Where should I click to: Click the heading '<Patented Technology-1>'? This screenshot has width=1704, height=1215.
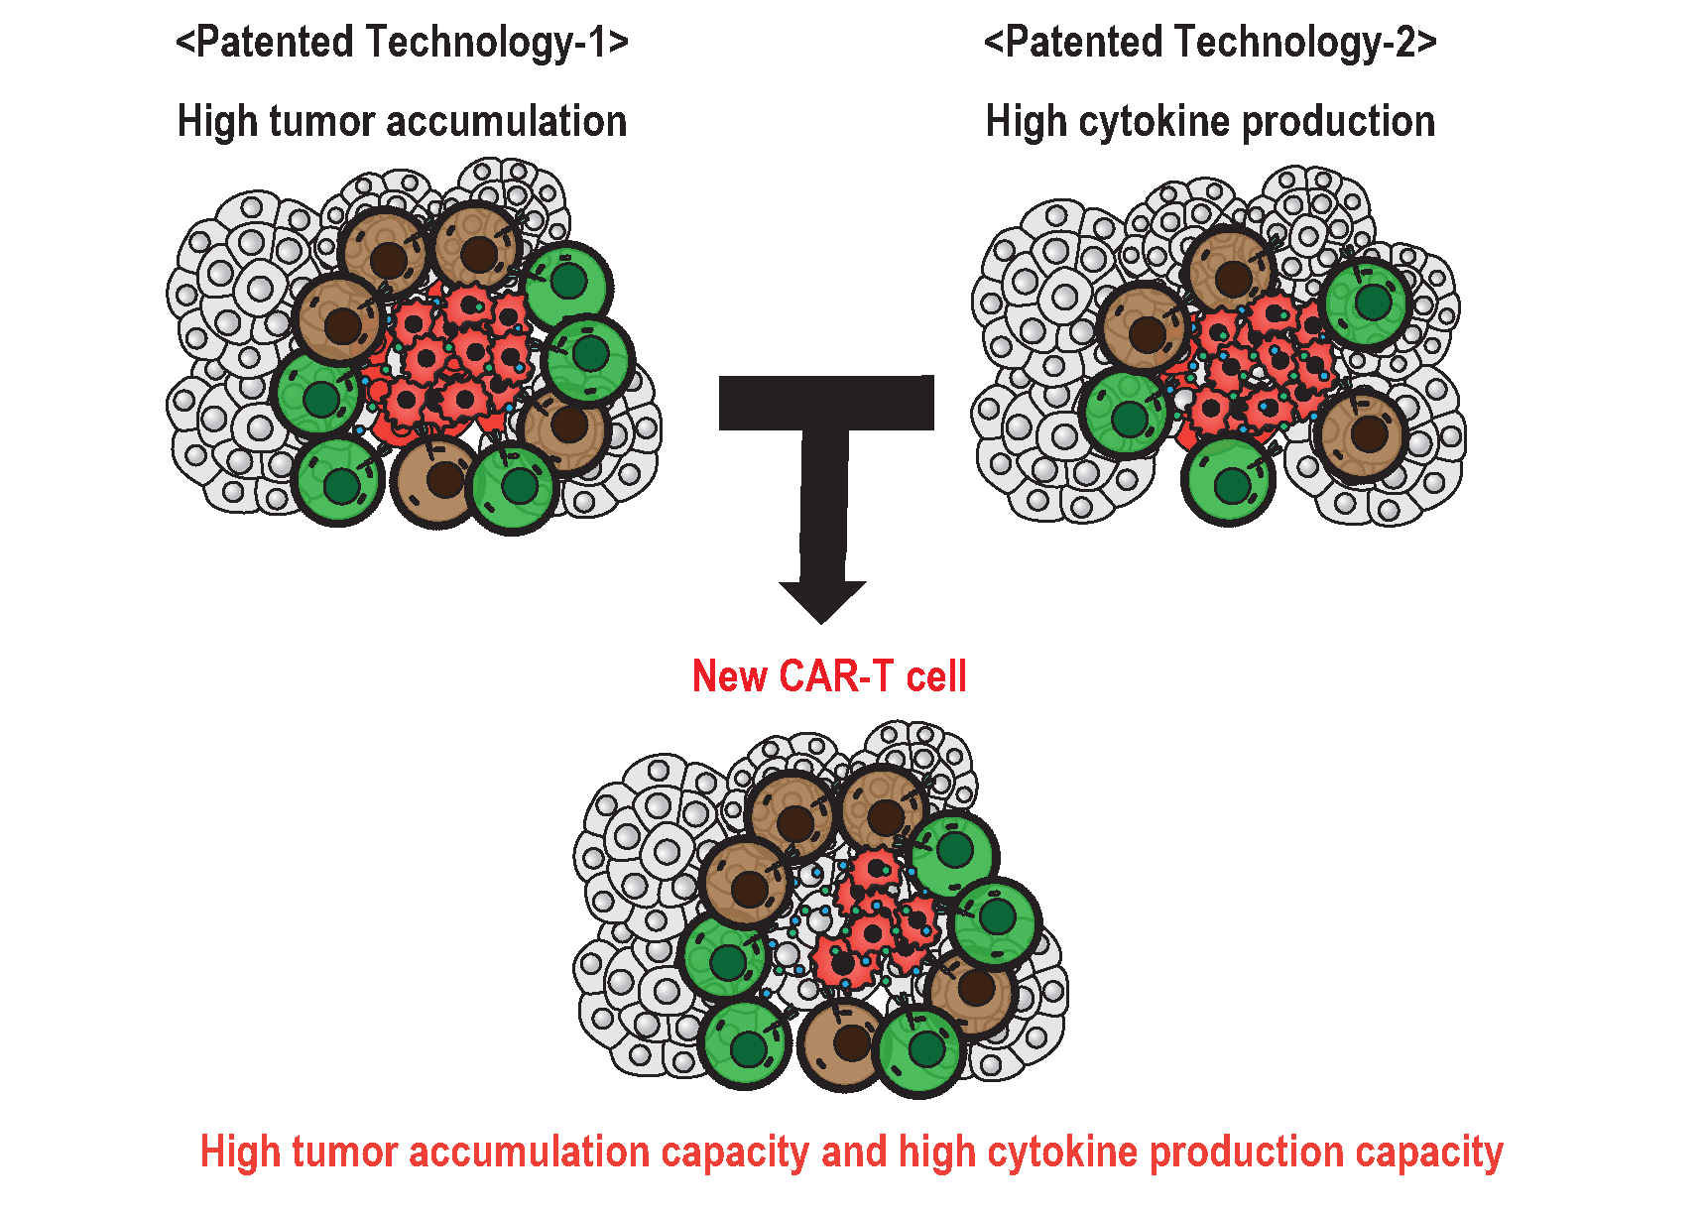[x=402, y=44]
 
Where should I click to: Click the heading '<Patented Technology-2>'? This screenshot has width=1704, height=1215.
[x=1210, y=44]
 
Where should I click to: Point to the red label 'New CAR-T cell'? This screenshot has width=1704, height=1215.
[x=829, y=676]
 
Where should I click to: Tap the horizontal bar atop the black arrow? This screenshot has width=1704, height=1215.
[x=826, y=403]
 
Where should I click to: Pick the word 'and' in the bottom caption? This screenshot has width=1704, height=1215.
[x=854, y=1153]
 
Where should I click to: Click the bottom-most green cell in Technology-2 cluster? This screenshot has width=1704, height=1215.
[x=1229, y=481]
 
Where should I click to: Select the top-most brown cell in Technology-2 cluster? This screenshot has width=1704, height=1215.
[x=1231, y=273]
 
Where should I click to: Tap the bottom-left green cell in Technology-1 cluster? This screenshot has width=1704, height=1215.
[x=338, y=481]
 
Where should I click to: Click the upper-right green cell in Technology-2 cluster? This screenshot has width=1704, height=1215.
[x=1369, y=303]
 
